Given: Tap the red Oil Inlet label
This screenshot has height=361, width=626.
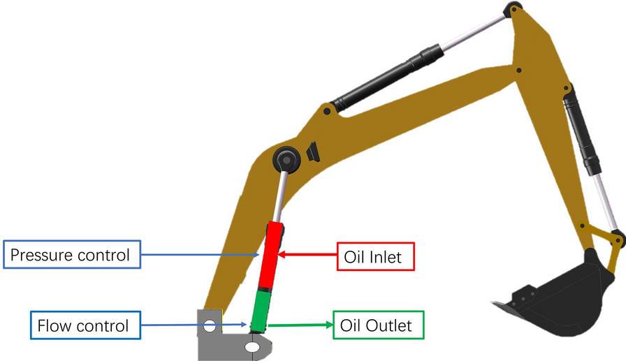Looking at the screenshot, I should (375, 257).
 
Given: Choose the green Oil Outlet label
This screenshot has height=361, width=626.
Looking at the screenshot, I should (377, 325).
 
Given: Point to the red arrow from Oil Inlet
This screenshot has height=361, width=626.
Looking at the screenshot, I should (307, 256).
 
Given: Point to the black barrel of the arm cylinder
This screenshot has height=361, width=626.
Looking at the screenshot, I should (388, 77).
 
